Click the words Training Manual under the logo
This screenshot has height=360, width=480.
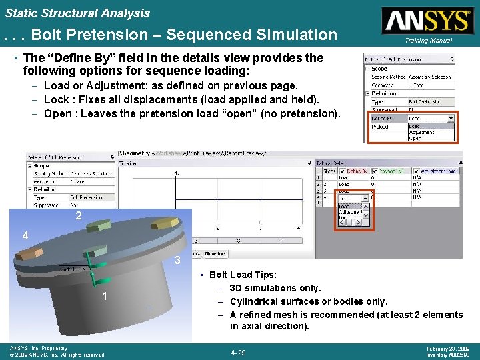point(427,41)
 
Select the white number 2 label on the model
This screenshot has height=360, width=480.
point(79,216)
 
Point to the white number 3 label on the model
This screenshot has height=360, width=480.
point(177,260)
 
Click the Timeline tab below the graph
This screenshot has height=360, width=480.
point(215,253)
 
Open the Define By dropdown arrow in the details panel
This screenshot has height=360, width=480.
point(451,118)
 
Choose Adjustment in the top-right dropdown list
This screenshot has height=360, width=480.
point(421,132)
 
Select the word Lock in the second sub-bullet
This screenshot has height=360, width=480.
point(56,99)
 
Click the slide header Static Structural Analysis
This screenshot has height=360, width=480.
point(77,13)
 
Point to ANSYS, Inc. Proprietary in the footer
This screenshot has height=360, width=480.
point(37,348)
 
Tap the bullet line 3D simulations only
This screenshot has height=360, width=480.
point(275,288)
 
